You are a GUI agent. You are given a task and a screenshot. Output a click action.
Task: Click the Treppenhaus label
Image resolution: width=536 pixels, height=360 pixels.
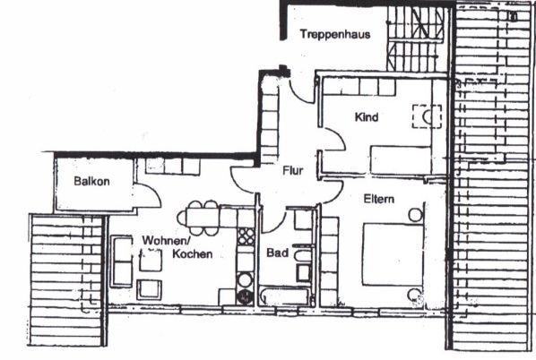tap(335, 35)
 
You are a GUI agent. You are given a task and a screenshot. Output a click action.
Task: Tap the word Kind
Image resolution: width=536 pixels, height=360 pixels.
tap(367, 117)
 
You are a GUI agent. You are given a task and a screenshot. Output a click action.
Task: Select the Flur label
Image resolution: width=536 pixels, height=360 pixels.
tap(293, 170)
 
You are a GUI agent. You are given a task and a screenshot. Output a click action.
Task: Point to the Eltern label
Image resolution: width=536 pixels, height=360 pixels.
tap(378, 199)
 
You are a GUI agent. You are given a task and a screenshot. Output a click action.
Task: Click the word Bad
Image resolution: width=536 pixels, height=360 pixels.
tap(277, 253)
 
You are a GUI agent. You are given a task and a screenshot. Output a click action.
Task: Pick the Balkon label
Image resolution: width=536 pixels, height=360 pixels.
tap(92, 181)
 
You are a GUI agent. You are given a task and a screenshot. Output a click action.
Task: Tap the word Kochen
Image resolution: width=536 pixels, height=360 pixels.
tap(193, 253)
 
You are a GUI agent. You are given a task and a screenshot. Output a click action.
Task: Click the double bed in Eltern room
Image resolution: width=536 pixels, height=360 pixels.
tap(393, 254)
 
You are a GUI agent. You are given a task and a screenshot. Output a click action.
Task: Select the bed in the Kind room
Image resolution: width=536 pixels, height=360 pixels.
tap(401, 160)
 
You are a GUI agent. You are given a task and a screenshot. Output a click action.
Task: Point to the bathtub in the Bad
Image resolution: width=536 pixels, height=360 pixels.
tap(285, 296)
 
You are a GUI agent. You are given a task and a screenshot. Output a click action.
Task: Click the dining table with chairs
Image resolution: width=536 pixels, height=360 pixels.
tap(202, 218)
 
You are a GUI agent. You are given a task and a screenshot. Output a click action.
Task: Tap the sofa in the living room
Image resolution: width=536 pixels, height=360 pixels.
tap(122, 261)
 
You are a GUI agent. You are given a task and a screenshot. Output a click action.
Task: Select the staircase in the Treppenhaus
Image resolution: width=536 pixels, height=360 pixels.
tap(417, 39)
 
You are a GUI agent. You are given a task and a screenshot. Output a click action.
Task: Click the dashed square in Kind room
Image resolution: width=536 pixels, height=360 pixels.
tap(427, 116)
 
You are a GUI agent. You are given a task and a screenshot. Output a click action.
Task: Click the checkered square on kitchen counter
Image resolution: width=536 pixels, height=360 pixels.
tap(246, 236)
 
